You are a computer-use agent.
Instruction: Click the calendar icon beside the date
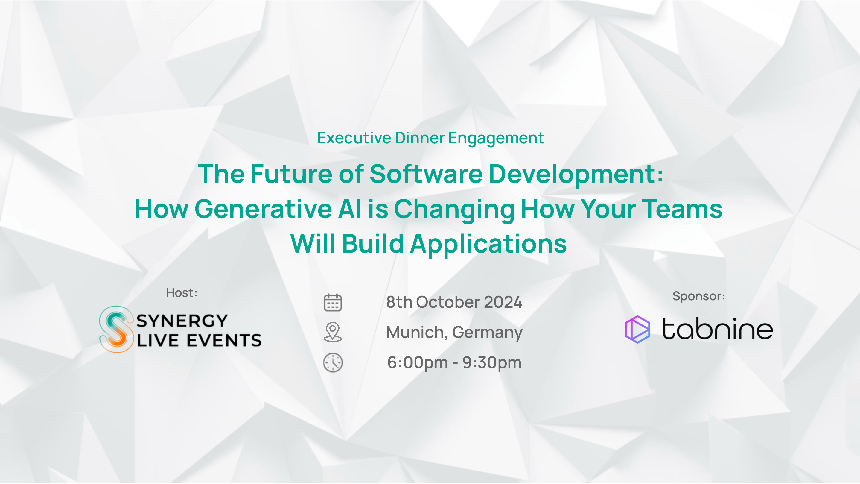tap(333, 302)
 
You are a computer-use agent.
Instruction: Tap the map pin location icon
tap(333, 332)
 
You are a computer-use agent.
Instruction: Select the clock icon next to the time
tap(333, 362)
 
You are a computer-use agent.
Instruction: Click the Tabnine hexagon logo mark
tap(637, 329)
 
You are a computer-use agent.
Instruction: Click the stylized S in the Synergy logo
tap(116, 329)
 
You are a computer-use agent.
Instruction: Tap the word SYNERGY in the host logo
tap(182, 321)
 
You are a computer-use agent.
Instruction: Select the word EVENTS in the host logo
tap(224, 340)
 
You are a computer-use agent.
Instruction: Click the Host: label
tap(182, 293)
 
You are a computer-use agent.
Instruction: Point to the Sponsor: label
tap(699, 296)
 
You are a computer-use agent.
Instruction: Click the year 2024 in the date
tap(503, 302)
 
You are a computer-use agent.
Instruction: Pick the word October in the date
tap(448, 302)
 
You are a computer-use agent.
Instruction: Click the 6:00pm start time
tap(418, 363)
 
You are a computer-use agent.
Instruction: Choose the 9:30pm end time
tap(492, 363)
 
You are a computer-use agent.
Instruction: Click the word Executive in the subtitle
tap(354, 138)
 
